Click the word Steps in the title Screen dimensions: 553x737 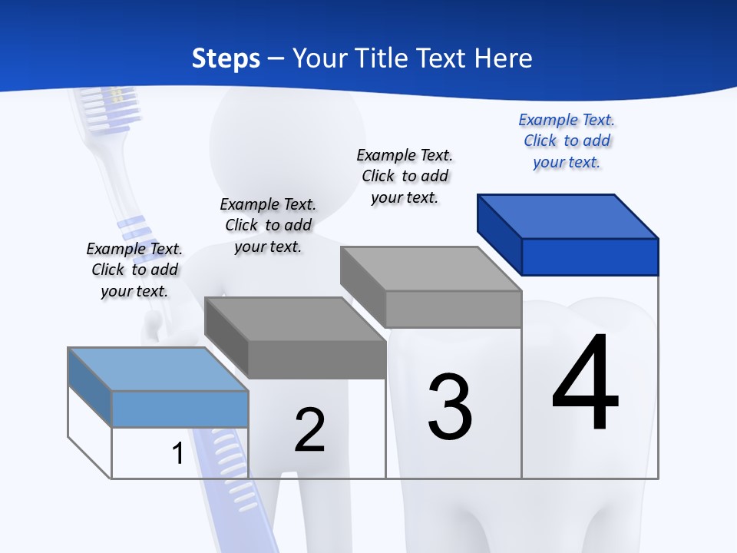tap(226, 58)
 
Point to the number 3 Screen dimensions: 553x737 tap(450, 407)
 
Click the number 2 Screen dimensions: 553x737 tap(310, 430)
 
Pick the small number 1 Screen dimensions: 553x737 tap(177, 454)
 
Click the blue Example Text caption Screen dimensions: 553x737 tap(567, 141)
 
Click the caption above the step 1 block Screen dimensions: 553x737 tap(134, 270)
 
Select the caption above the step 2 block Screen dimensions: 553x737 tap(268, 226)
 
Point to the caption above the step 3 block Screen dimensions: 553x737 tap(405, 177)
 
